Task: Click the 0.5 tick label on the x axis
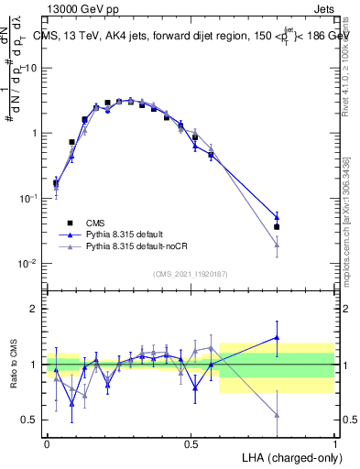pos(191,442)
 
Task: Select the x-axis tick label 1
pos(334,442)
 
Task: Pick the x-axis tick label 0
pos(47,442)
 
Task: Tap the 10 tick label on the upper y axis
pos(30,68)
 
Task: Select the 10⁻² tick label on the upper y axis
pos(27,263)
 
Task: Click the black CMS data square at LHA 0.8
pos(277,227)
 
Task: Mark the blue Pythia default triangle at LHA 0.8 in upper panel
pos(277,217)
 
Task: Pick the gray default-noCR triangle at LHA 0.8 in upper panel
pos(277,245)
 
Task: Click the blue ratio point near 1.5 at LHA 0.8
pos(277,337)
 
